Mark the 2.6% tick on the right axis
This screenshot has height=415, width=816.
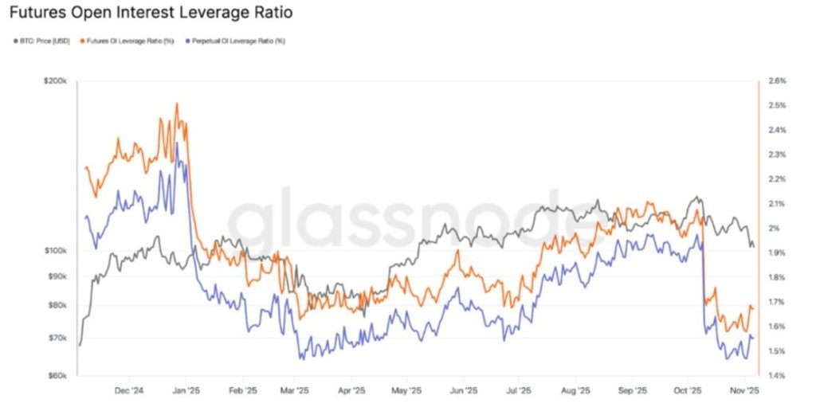(775, 81)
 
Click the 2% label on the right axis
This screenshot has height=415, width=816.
(772, 229)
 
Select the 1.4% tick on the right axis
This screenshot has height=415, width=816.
(775, 376)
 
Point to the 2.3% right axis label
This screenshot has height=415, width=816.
(775, 155)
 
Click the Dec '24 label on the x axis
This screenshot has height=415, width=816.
(129, 391)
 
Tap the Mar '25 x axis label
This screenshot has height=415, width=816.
(296, 391)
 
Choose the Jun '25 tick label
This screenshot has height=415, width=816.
(463, 391)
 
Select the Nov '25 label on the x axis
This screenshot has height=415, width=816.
(745, 391)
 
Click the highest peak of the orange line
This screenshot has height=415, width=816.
(177, 104)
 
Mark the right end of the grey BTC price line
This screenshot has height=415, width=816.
(753, 247)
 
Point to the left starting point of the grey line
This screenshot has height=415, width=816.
(80, 345)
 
